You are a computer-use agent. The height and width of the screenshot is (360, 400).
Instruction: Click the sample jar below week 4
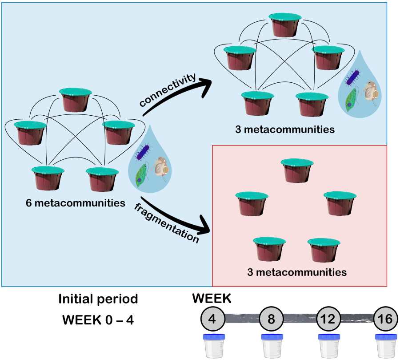pos(214,344)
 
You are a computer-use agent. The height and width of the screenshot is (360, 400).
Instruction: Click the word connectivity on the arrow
pos(168,90)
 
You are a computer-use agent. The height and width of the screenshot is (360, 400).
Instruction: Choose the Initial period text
pos(98,299)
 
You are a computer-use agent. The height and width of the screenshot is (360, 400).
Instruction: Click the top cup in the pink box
pos(297,170)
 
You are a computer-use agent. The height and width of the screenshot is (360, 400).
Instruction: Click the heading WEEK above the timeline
pos(212,299)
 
